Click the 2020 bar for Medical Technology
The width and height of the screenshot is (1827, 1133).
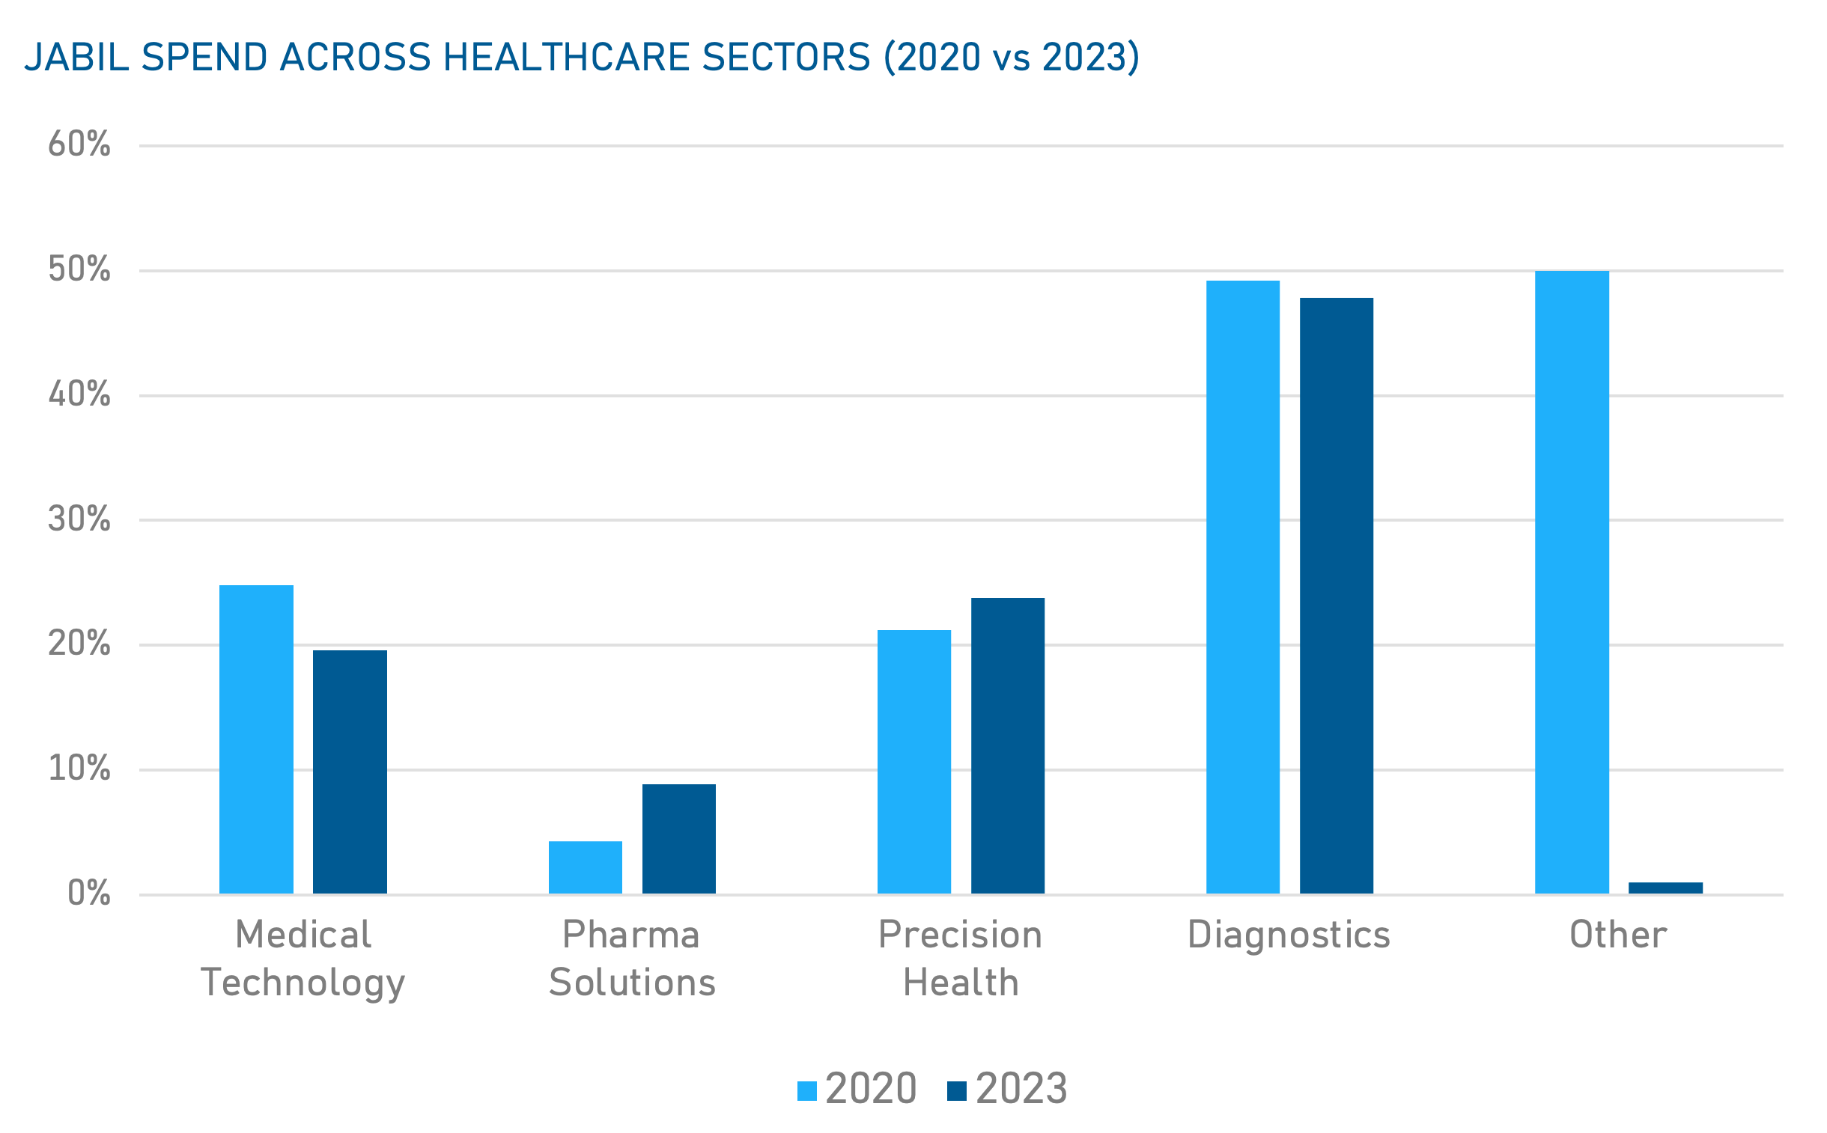click(255, 739)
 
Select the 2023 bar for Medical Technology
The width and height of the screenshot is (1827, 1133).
click(350, 772)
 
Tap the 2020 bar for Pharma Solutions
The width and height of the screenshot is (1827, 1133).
click(585, 867)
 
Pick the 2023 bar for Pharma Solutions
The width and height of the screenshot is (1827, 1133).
click(678, 838)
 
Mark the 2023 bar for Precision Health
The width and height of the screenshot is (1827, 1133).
click(1007, 745)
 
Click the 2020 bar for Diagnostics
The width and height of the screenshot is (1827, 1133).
click(1242, 587)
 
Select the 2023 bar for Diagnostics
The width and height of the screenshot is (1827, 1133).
click(1336, 596)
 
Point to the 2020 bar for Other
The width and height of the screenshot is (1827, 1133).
click(1572, 582)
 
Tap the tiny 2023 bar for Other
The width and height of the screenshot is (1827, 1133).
click(1665, 888)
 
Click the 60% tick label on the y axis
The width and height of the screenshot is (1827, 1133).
click(79, 144)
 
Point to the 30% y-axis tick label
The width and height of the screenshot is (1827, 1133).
click(79, 519)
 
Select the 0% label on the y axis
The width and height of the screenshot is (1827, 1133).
click(88, 894)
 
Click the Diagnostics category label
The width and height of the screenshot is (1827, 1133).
click(1288, 935)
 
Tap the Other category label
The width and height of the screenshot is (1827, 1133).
click(1618, 935)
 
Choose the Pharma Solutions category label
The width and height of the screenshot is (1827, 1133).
click(631, 958)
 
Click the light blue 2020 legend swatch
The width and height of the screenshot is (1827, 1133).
click(806, 1091)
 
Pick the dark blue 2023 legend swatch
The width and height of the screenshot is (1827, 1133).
click(957, 1091)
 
